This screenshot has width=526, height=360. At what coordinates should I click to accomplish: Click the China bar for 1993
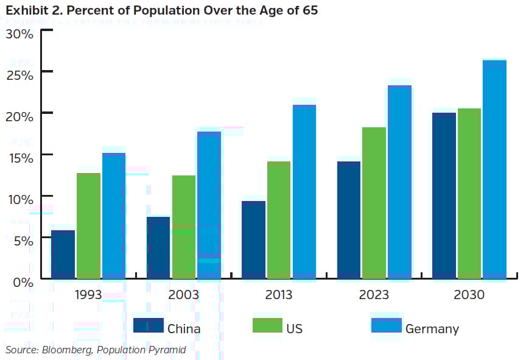pyautogui.click(x=63, y=255)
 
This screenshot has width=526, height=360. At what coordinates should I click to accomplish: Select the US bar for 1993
pyautogui.click(x=88, y=226)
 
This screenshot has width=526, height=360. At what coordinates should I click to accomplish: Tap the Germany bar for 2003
pyautogui.click(x=209, y=205)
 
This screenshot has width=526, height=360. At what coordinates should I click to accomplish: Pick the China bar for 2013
pyautogui.click(x=253, y=240)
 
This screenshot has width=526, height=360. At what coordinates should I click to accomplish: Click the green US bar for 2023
pyautogui.click(x=374, y=203)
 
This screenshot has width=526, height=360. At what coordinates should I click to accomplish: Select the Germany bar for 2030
pyautogui.click(x=494, y=169)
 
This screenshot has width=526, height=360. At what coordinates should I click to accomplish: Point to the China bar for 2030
pyautogui.click(x=444, y=196)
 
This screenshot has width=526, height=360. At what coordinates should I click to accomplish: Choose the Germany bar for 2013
pyautogui.click(x=304, y=192)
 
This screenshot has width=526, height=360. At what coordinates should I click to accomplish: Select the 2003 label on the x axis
pyautogui.click(x=183, y=295)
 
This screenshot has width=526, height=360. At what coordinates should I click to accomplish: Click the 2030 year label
pyautogui.click(x=469, y=295)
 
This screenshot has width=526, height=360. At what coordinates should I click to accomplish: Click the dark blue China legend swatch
pyautogui.click(x=149, y=325)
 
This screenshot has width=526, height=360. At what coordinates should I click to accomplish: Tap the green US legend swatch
pyautogui.click(x=267, y=325)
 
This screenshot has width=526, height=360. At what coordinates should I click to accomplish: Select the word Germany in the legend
pyautogui.click(x=432, y=329)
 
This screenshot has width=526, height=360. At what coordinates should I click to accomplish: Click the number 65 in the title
pyautogui.click(x=309, y=11)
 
